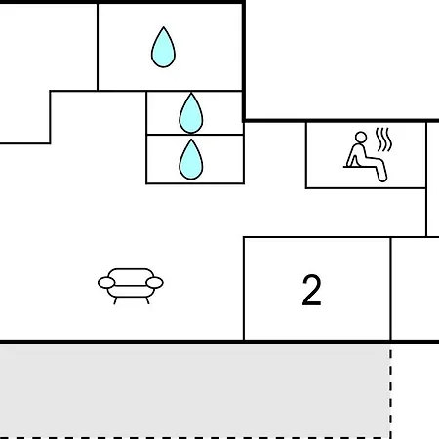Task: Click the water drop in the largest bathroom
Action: pos(163,48)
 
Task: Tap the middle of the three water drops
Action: pos(191,113)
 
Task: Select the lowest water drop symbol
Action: pos(191,160)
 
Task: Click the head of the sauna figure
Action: pos(361,138)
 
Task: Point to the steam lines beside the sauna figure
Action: pos(383,140)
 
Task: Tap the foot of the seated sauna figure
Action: pos(382,179)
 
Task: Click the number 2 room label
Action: pos(311,290)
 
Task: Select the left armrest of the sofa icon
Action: pos(106,283)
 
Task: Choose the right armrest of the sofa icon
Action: pos(154,283)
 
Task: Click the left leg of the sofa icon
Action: pos(115,300)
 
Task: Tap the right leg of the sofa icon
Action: pos(147,300)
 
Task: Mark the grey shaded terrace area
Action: pos(194,391)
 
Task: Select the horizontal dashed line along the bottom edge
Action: pos(195,438)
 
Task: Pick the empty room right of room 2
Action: pos(416,289)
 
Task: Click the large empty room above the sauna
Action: pos(342,60)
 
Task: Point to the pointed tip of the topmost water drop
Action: pos(164,27)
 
